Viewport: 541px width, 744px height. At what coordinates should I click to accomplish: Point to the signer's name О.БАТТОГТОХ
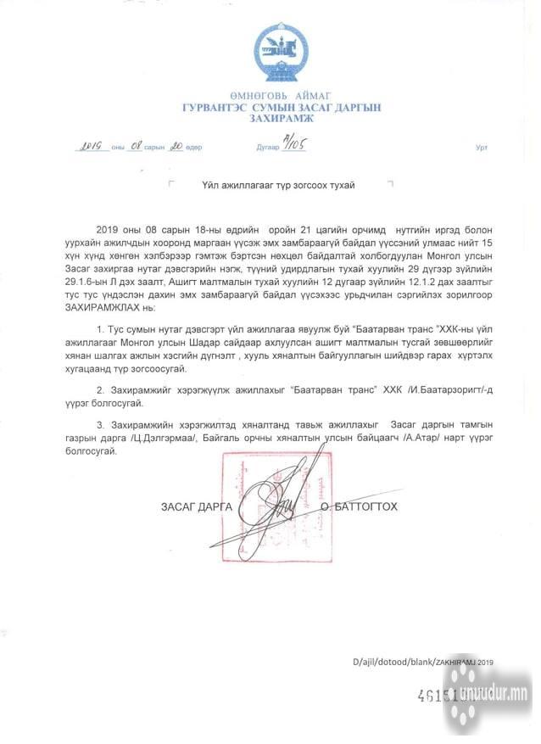click(x=359, y=507)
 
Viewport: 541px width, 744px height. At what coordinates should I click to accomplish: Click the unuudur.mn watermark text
click(x=494, y=696)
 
